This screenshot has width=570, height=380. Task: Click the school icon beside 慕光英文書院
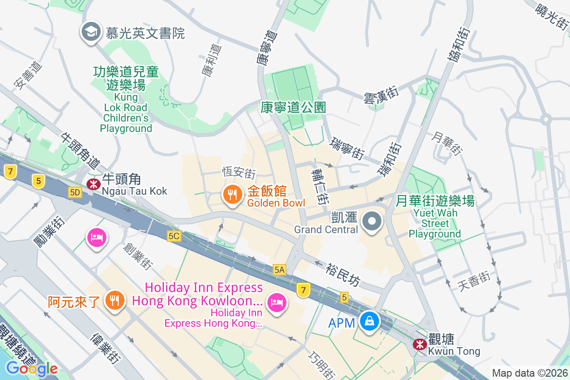pos(90,32)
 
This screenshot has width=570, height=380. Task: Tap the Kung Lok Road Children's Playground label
pos(126,99)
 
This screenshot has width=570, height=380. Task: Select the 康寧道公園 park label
pos(294,107)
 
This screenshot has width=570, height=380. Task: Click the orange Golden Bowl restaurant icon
pos(232,195)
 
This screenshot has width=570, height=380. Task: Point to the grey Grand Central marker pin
pos(372,221)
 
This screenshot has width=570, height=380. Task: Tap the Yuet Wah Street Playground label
pos(435,217)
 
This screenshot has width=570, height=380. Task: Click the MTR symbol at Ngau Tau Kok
pos(93,183)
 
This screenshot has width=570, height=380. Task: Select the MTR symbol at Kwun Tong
pos(419,344)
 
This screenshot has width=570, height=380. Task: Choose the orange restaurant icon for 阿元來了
pos(114,300)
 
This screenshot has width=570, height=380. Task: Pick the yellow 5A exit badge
pos(279,270)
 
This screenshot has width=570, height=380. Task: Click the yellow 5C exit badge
pos(174,236)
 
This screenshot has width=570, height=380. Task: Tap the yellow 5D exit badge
pos(75,192)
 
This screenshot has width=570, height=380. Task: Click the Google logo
pos(32,369)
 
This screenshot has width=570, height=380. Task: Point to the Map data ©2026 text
pos(530,373)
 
